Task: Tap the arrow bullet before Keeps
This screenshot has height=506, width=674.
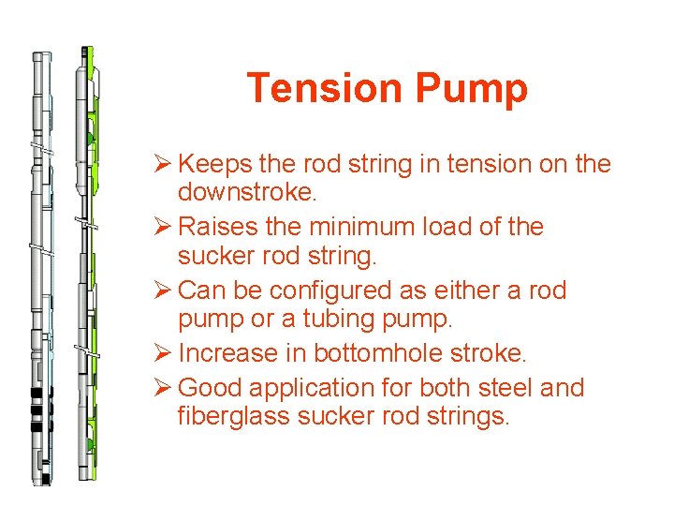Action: pyautogui.click(x=164, y=164)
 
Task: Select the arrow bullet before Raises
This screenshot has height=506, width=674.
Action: pyautogui.click(x=164, y=228)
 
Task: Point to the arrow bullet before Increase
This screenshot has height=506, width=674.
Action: pyautogui.click(x=164, y=354)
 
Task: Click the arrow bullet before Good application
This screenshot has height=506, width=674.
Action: pyautogui.click(x=164, y=387)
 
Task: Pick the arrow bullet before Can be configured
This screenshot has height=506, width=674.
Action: pyautogui.click(x=164, y=290)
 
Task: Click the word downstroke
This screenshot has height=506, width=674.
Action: pyautogui.click(x=246, y=194)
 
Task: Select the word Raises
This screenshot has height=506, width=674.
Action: pyautogui.click(x=213, y=227)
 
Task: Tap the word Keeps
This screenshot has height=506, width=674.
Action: pyautogui.click(x=211, y=164)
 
